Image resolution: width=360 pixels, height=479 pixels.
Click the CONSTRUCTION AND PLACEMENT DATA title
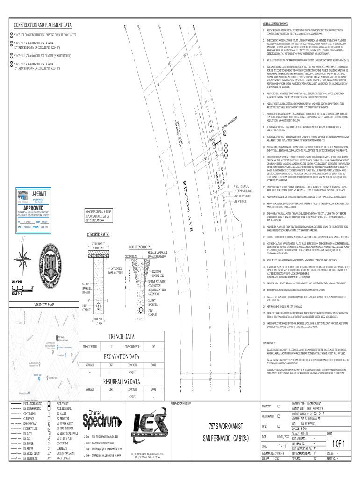coord(43,24)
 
